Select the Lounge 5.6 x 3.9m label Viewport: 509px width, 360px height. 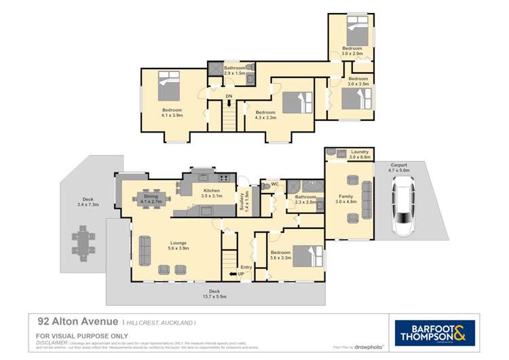(x=178, y=245)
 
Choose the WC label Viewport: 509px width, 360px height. (x=275, y=184)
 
